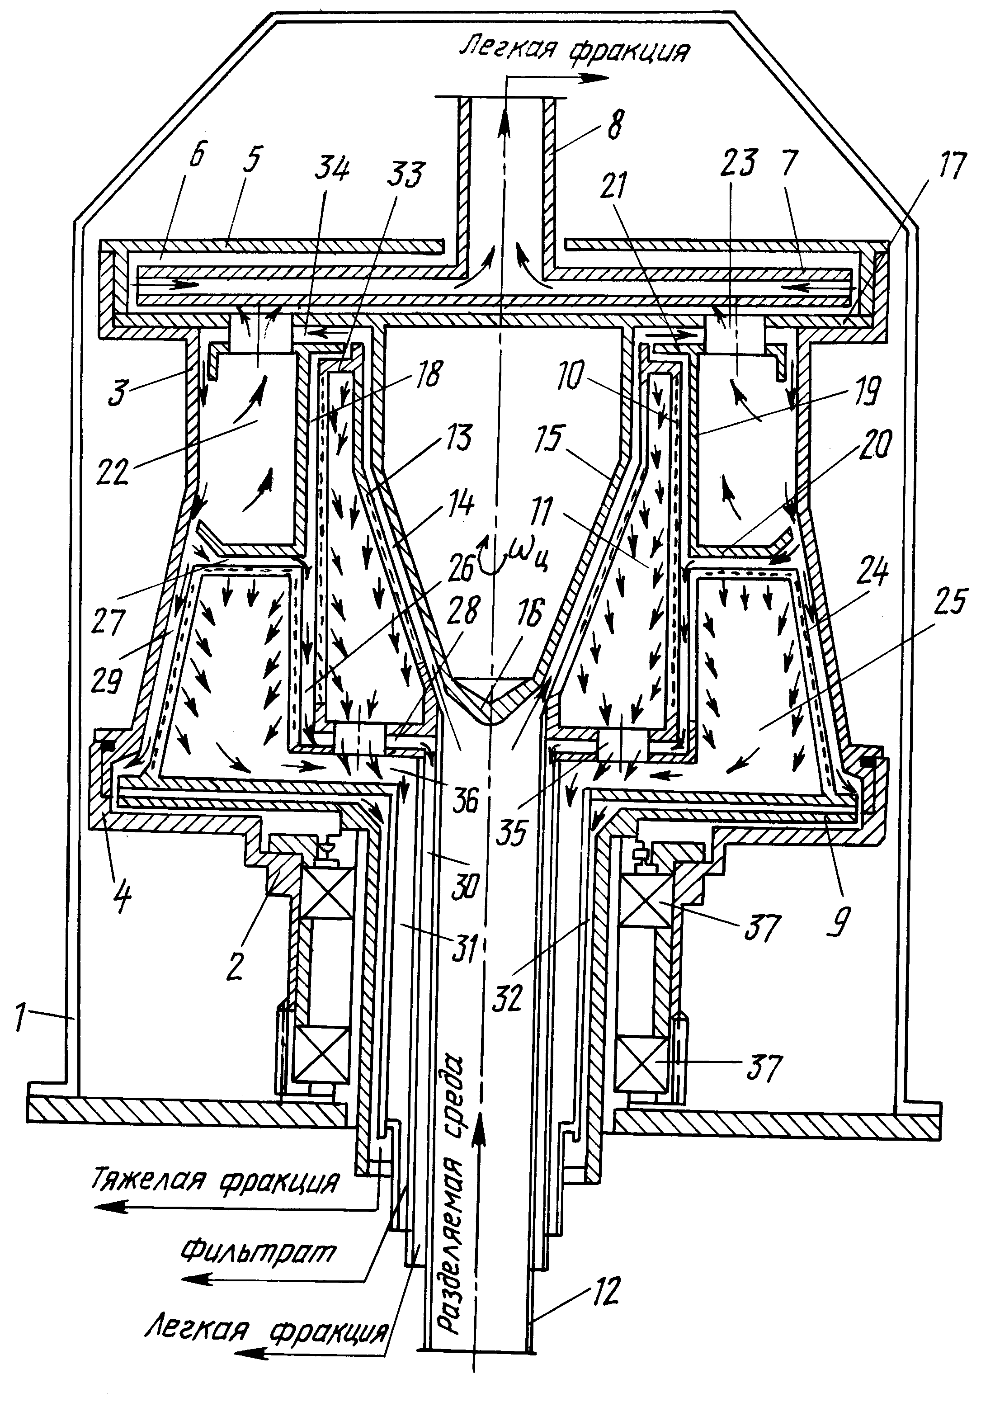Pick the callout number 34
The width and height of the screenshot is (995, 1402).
(x=333, y=169)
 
